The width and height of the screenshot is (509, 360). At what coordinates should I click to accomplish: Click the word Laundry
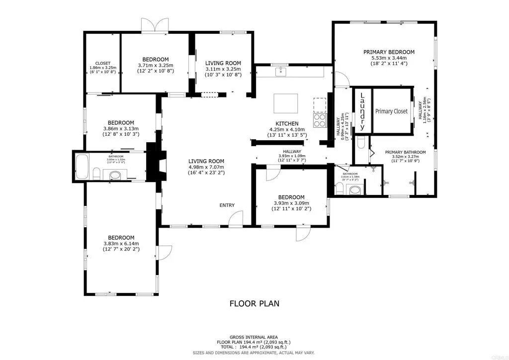click(362, 111)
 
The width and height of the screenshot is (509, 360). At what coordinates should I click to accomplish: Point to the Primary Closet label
click(391, 111)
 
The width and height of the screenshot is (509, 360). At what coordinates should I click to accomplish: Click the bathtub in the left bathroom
click(83, 167)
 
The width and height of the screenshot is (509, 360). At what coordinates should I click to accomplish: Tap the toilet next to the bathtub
click(97, 174)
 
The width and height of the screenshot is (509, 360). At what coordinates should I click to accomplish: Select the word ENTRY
click(227, 205)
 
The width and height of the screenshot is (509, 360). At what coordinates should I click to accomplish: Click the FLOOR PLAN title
click(254, 303)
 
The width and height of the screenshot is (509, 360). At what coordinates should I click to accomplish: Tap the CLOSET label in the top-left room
click(103, 63)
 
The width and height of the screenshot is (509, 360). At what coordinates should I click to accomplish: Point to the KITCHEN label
click(287, 123)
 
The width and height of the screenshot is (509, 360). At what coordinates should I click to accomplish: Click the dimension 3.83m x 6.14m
click(121, 243)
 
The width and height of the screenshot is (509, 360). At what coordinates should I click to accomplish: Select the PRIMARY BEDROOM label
click(389, 52)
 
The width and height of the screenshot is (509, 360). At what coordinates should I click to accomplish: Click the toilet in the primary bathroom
click(362, 144)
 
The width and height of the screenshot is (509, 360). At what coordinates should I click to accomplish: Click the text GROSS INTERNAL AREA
click(254, 337)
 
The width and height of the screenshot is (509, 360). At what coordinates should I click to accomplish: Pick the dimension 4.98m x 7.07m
click(206, 168)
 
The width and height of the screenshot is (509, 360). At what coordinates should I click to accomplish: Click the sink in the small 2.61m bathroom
click(355, 189)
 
